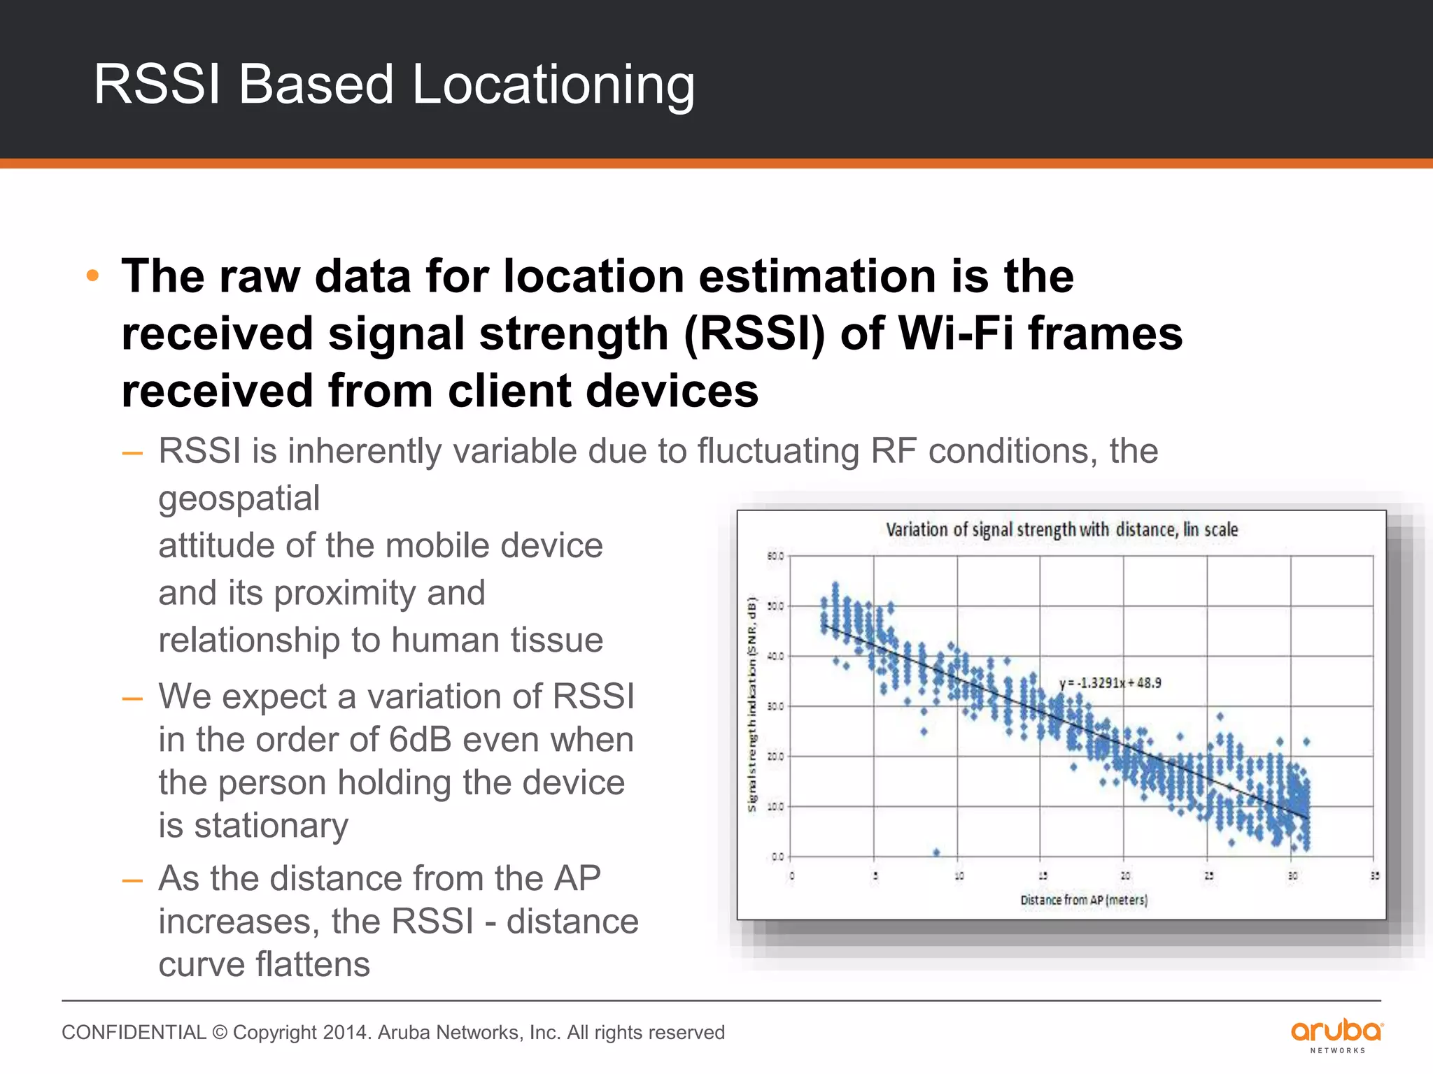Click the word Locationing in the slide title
tap(553, 85)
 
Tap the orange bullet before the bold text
tap(92, 276)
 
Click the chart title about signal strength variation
tap(1061, 530)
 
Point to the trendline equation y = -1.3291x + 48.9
tap(1110, 683)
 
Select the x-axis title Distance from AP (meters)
tap(1084, 900)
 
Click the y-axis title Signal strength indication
tap(752, 703)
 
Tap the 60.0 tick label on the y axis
tap(775, 557)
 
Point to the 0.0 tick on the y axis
tap(777, 857)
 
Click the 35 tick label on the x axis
tap(1374, 875)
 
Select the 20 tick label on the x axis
tap(1124, 875)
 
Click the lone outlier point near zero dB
tap(936, 852)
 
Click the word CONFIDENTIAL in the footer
tap(134, 1033)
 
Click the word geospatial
tap(239, 499)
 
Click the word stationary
tap(271, 826)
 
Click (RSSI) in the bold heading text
tap(754, 334)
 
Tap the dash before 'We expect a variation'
tap(132, 698)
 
